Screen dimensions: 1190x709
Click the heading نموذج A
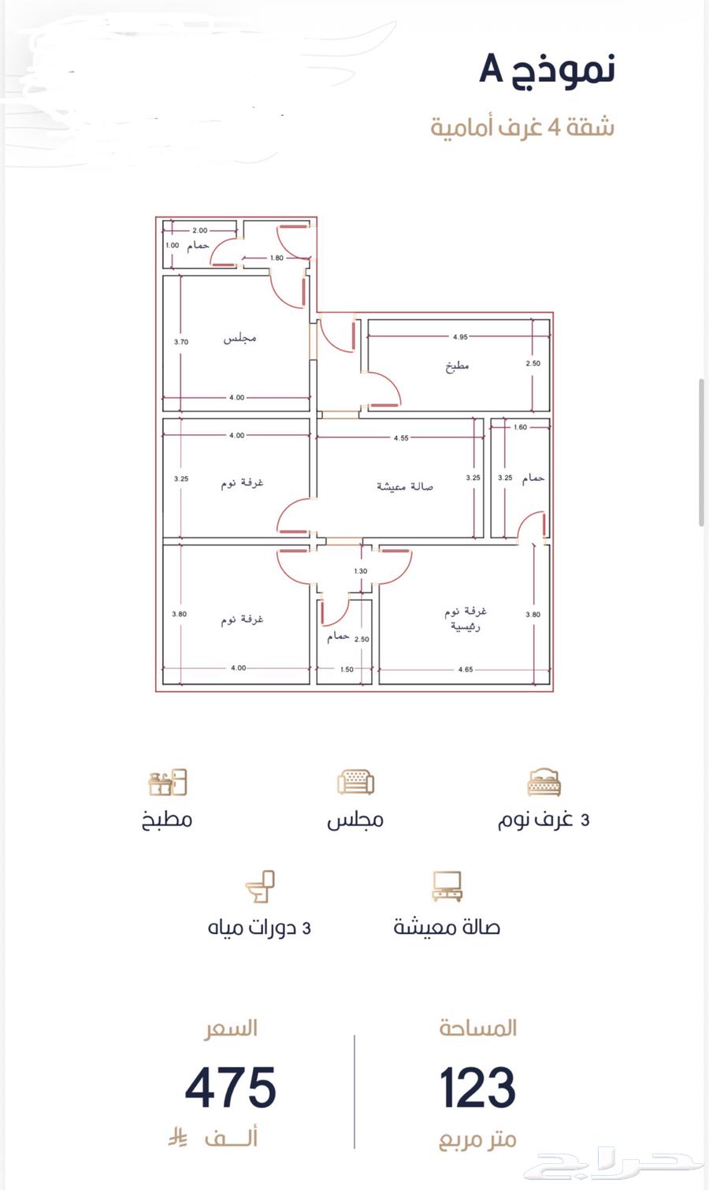click(547, 69)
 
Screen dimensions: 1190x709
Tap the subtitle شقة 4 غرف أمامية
click(522, 127)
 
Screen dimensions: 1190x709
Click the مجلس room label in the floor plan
click(239, 338)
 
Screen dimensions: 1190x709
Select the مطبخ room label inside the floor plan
click(457, 366)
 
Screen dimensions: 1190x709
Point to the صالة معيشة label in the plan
click(404, 486)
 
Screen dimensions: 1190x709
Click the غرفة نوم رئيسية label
click(466, 619)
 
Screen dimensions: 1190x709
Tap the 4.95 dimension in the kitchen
click(460, 337)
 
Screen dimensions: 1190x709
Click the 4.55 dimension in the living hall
click(401, 438)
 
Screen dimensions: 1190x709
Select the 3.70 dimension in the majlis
click(180, 342)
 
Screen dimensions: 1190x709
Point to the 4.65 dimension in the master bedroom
click(466, 669)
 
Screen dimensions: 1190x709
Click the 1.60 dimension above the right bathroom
click(520, 427)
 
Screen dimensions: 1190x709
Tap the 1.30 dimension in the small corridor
click(360, 571)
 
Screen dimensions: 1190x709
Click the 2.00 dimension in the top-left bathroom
click(200, 230)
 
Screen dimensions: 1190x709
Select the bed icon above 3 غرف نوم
click(544, 783)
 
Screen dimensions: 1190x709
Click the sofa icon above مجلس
click(355, 783)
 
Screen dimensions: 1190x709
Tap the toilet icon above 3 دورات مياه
click(260, 887)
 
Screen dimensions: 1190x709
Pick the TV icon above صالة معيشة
click(447, 887)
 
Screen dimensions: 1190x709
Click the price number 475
click(231, 1088)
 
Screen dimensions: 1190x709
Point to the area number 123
click(477, 1088)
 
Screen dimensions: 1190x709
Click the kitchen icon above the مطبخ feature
click(168, 783)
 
